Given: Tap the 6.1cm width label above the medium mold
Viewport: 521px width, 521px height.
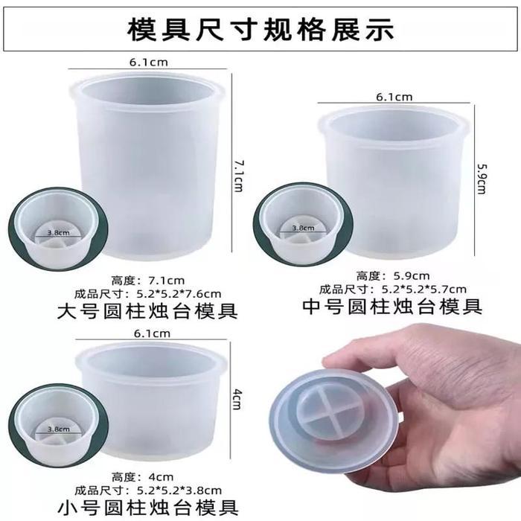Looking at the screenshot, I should tap(394, 97).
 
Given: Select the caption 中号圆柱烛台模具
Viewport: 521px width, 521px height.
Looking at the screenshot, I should tap(393, 305).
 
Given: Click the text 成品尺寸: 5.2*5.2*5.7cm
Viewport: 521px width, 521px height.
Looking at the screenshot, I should tap(393, 289).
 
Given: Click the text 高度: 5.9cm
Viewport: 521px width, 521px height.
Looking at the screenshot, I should tap(393, 275).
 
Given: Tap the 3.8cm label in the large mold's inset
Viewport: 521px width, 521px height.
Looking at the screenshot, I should tap(59, 232).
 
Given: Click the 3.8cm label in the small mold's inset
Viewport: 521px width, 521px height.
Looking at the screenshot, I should tap(59, 429).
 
